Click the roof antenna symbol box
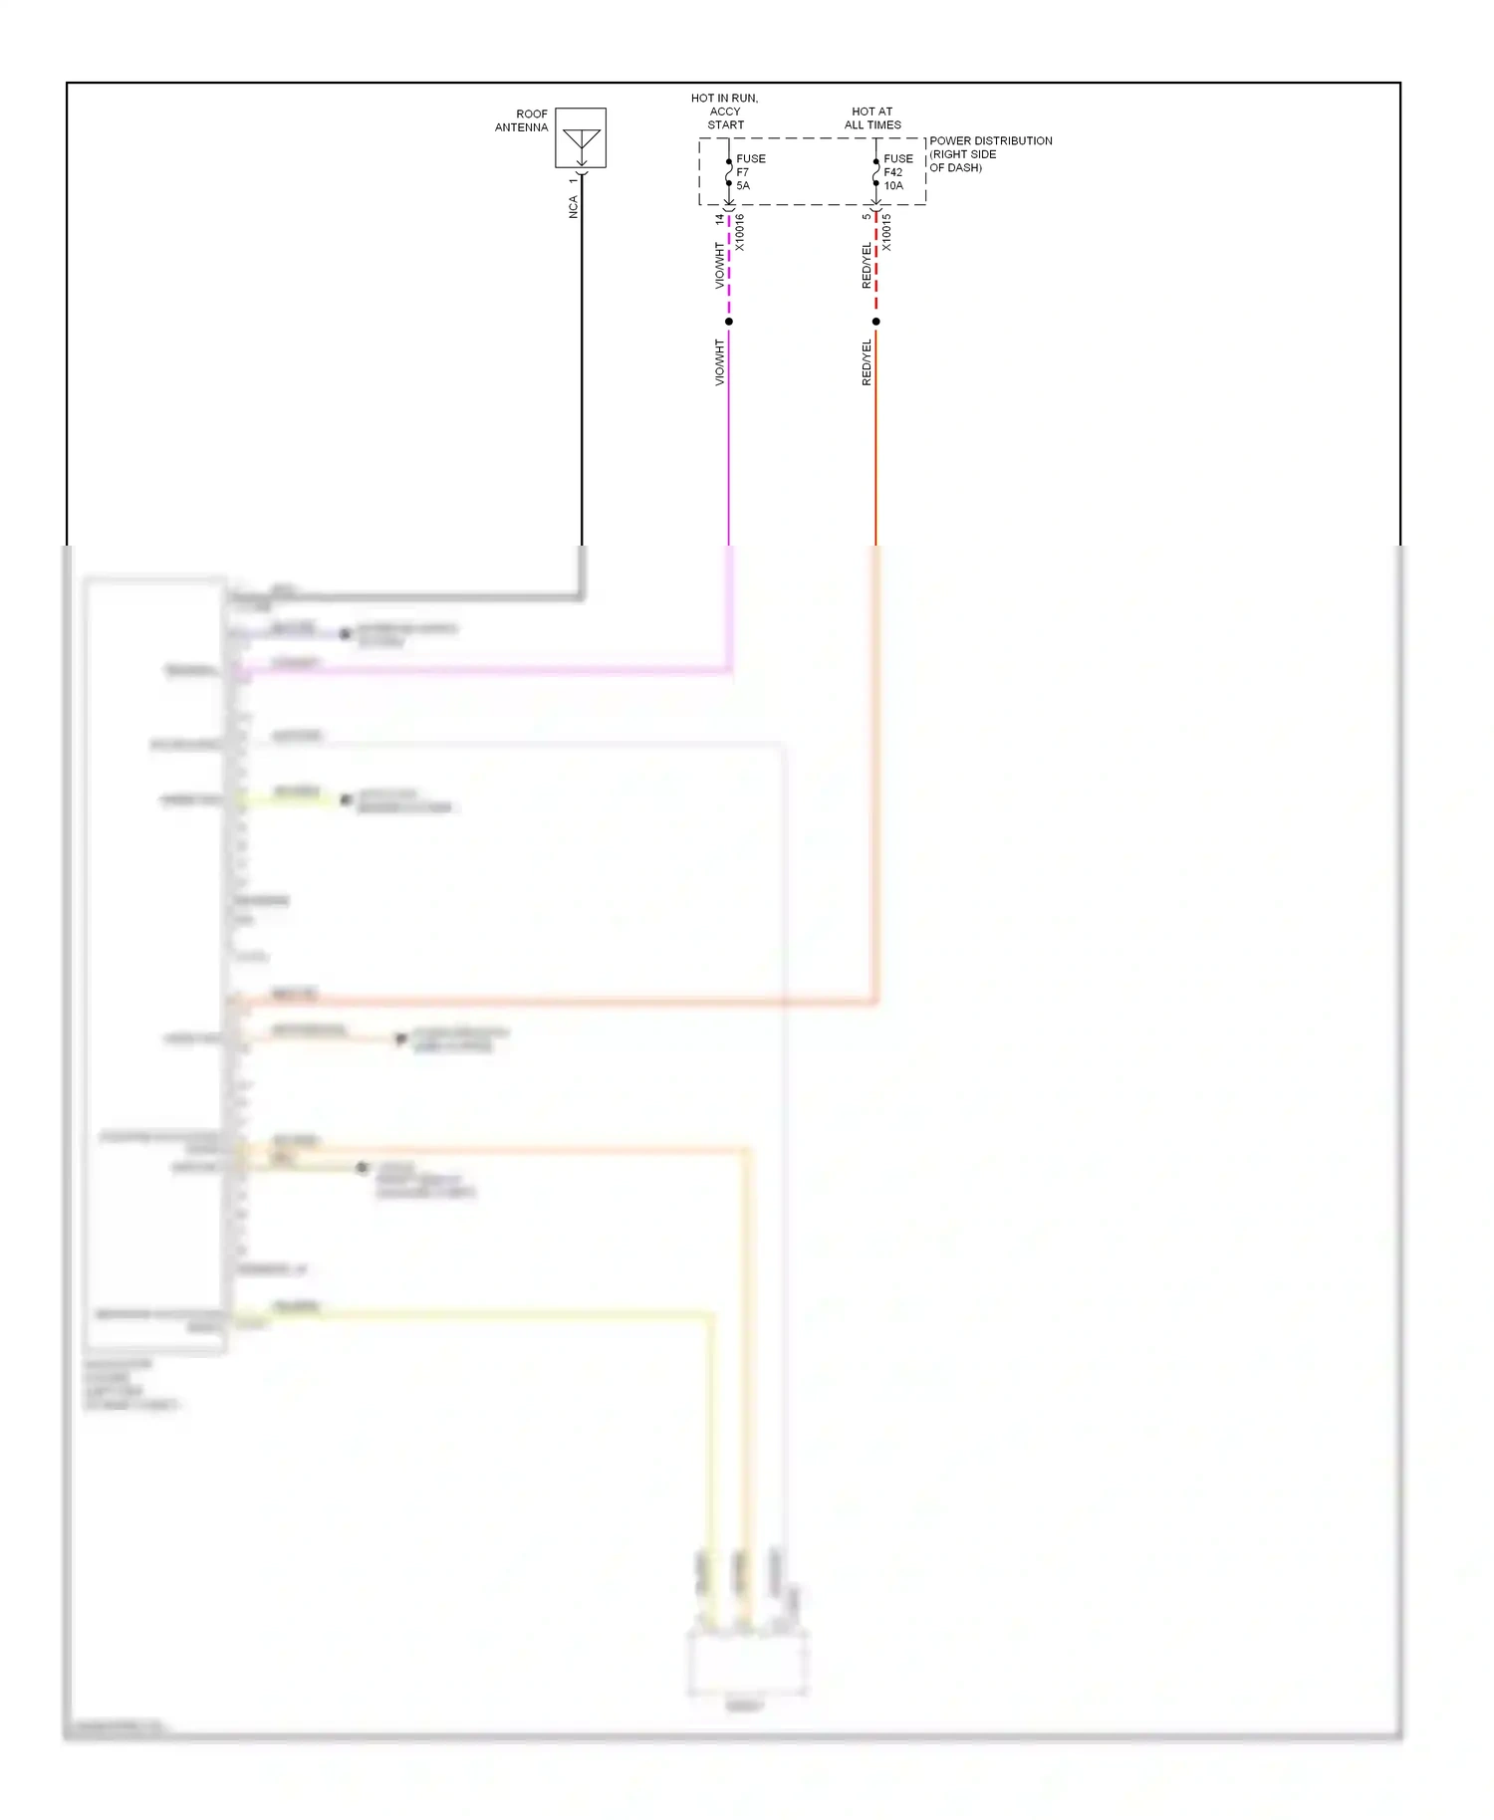pos(581,137)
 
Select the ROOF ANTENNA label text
pos(522,120)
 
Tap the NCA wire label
pos(573,207)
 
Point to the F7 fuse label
pos(743,172)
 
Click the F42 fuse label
pos(893,172)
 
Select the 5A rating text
pos(743,186)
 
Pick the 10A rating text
pos(893,186)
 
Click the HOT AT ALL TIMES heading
pos(872,118)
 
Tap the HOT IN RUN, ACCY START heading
pos(725,112)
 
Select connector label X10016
pos(739,233)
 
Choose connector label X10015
pos(886,233)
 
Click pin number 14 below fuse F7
pos(719,219)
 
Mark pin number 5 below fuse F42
pos(867,216)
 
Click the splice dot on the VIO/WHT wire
pos(729,322)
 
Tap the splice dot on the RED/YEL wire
pos(876,322)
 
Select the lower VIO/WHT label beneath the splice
pos(719,362)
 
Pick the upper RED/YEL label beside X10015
pos(867,266)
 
